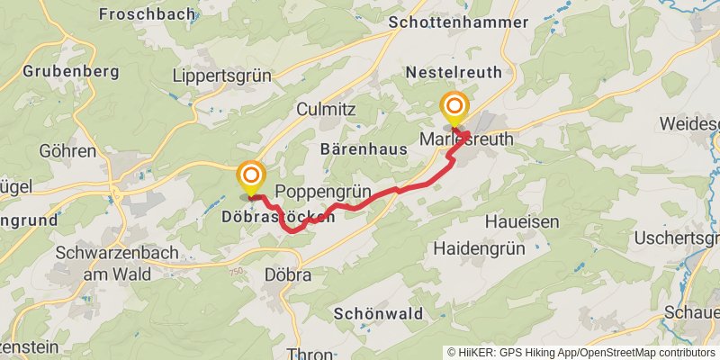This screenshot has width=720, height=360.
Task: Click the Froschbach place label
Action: (137, 13)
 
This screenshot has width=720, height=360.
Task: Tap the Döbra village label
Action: (288, 275)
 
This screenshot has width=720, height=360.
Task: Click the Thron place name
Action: (310, 354)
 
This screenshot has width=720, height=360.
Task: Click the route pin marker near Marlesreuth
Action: (454, 108)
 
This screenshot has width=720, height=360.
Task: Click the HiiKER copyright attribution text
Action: (580, 352)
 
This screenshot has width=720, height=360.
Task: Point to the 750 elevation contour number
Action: (236, 271)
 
